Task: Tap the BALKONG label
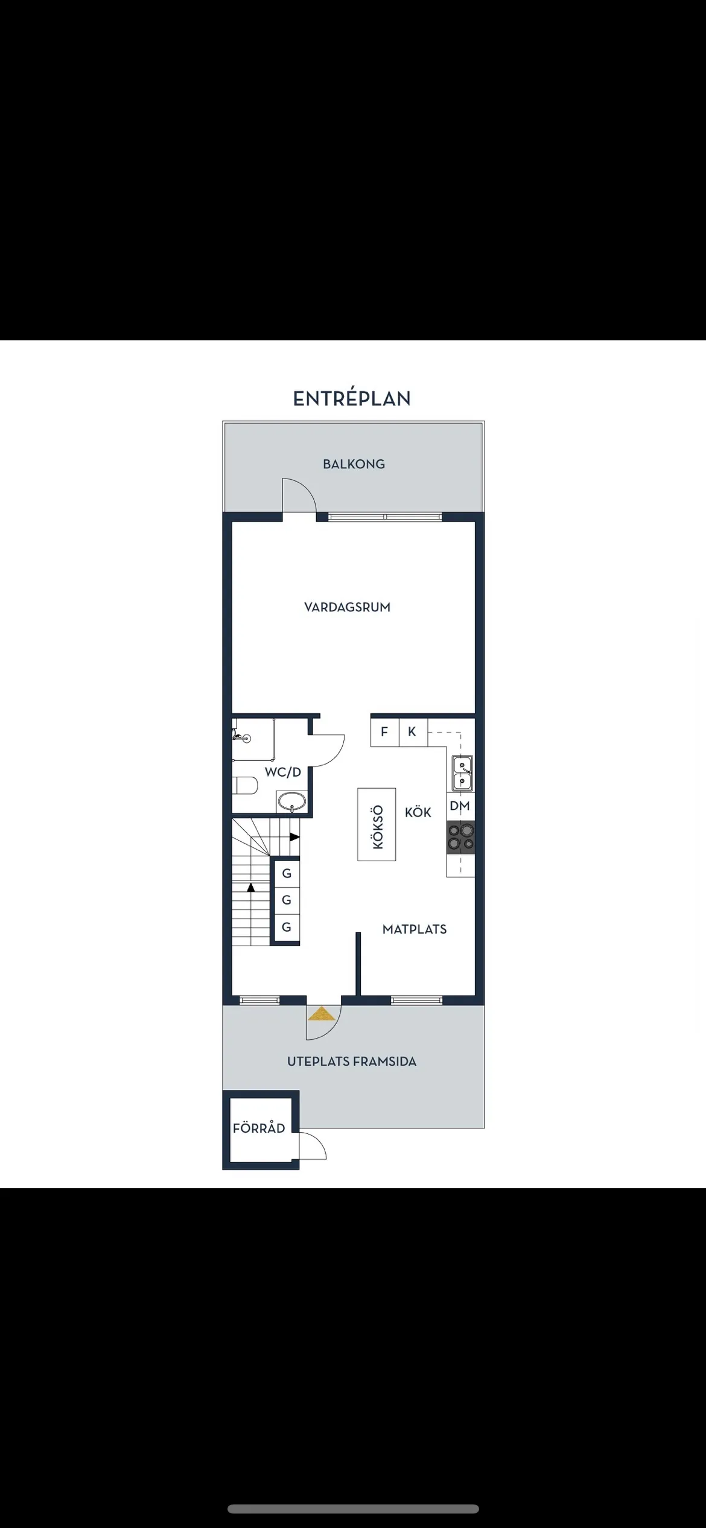click(354, 464)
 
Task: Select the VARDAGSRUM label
click(347, 607)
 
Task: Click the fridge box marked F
click(384, 732)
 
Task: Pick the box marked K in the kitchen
click(412, 732)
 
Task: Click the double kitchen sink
click(462, 774)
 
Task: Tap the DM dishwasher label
click(460, 806)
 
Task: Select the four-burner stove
click(460, 837)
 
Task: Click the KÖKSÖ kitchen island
click(377, 824)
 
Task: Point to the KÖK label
click(418, 812)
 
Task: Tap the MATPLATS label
click(415, 929)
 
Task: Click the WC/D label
click(282, 772)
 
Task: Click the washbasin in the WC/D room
click(292, 803)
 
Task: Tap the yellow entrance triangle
click(322, 1014)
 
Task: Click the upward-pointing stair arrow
click(251, 887)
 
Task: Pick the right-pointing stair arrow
click(294, 836)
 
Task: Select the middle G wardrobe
click(287, 900)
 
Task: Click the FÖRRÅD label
click(259, 1128)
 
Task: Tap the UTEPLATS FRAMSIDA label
click(352, 1062)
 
